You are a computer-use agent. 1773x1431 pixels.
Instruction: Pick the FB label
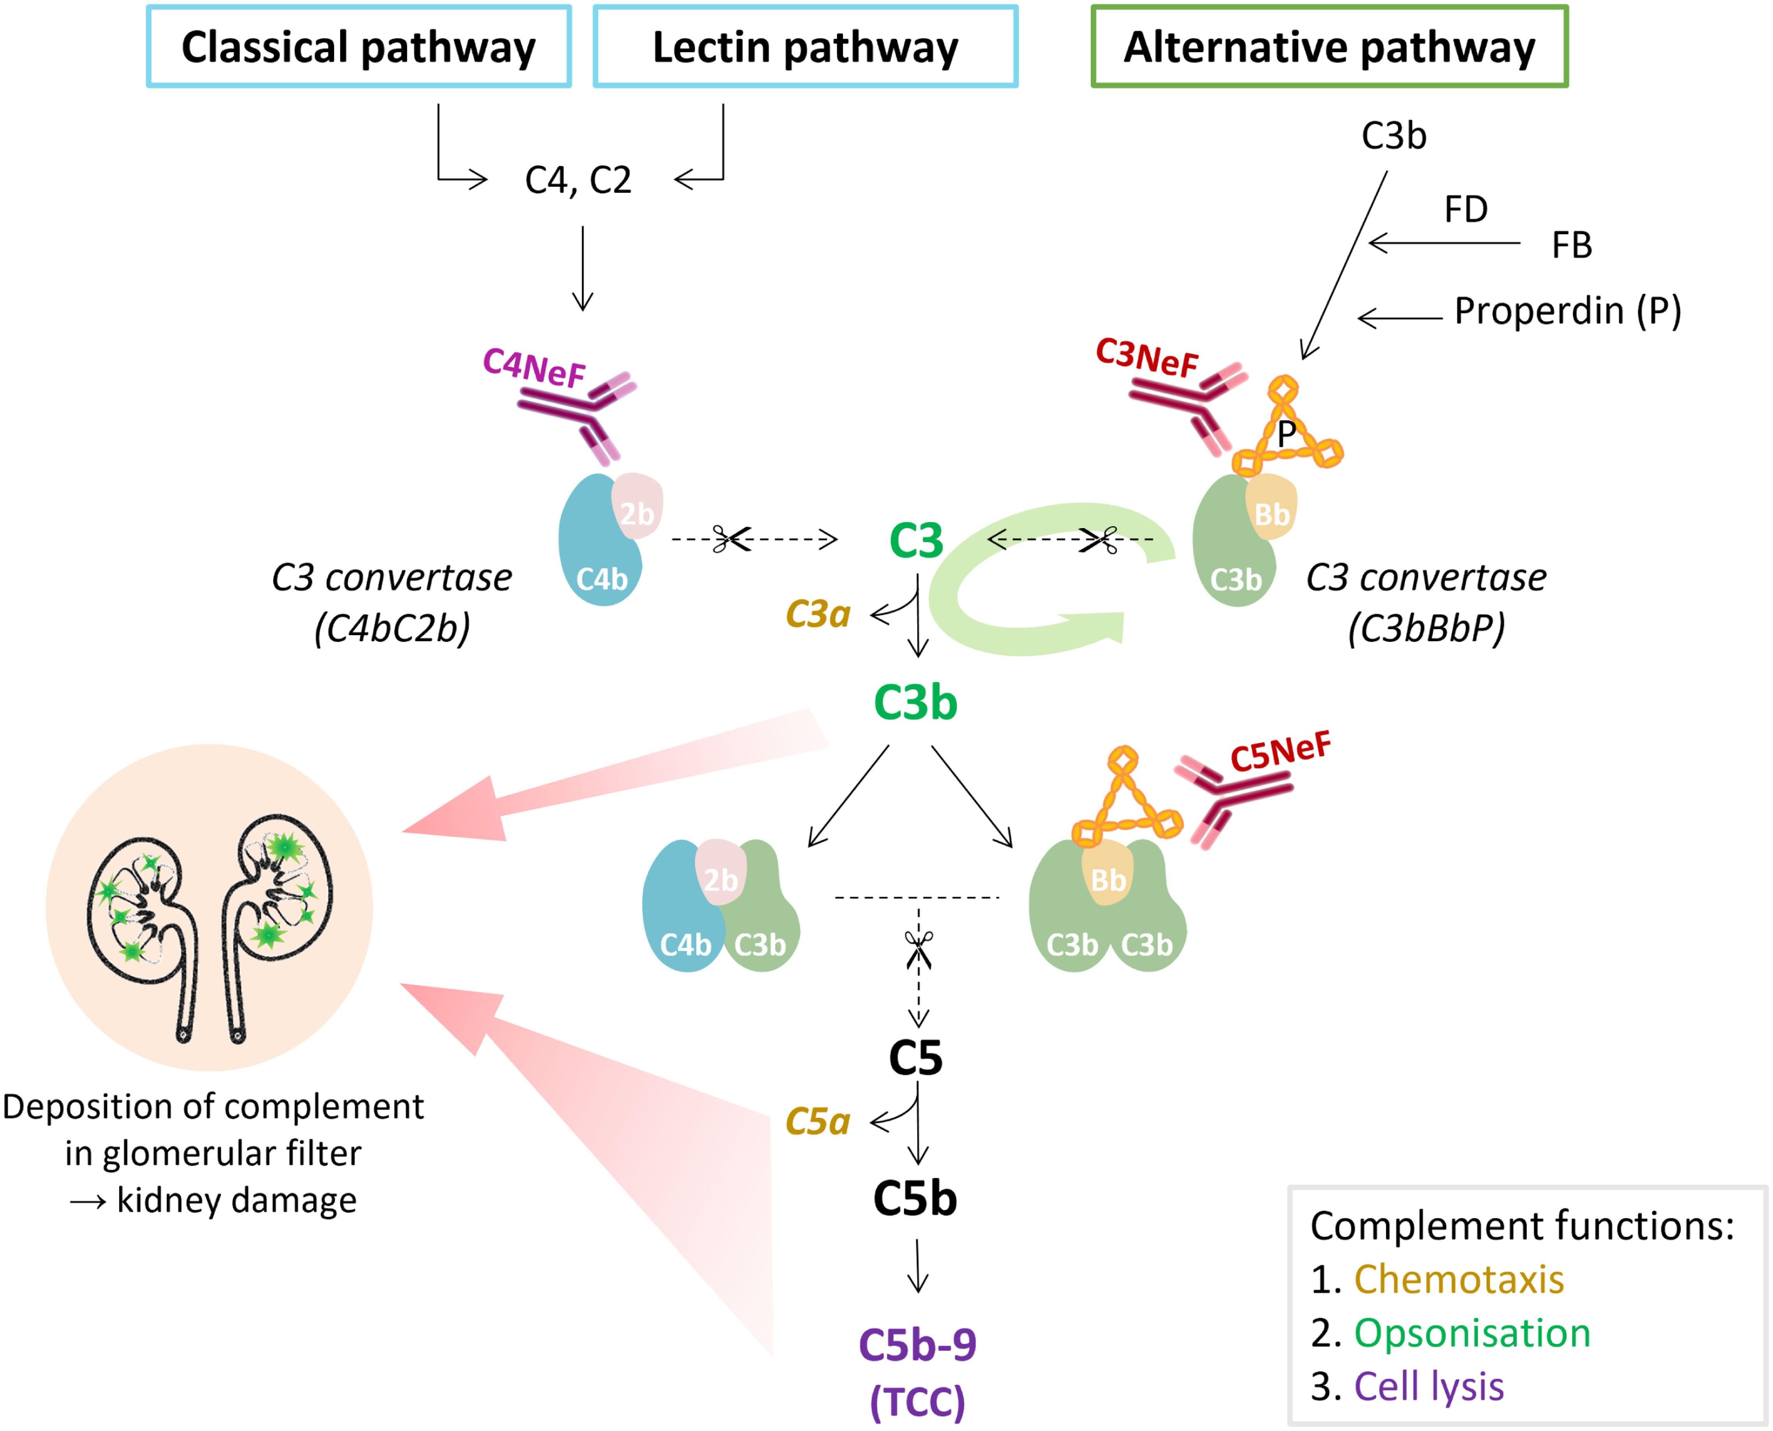[1571, 246]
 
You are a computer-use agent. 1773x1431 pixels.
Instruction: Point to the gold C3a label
[817, 614]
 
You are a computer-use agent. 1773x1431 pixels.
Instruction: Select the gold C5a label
[817, 1121]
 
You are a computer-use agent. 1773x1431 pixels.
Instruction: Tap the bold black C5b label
[915, 1198]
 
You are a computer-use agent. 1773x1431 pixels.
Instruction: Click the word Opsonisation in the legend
[1471, 1333]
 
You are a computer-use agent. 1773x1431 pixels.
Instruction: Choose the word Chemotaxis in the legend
[1458, 1279]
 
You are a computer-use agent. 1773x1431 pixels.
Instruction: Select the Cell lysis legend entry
[1429, 1387]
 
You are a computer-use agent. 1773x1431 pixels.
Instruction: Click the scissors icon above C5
[918, 950]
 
